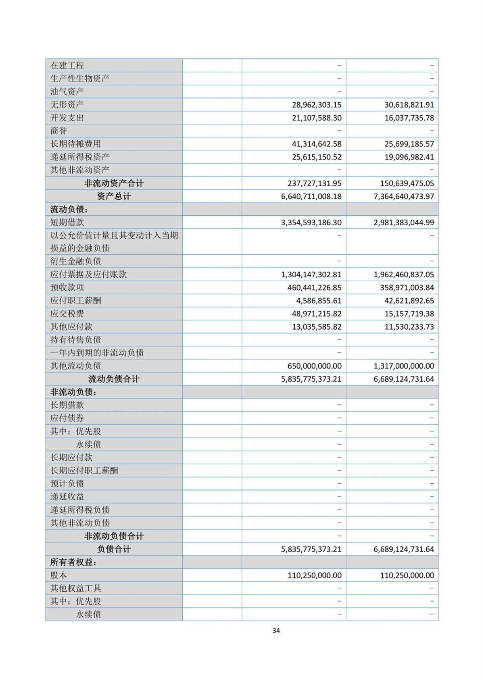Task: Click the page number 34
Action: [276, 631]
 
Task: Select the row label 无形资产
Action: [67, 105]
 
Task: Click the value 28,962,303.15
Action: [317, 105]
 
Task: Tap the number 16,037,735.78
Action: [409, 118]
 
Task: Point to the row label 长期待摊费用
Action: [75, 144]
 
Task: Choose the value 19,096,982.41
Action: [409, 157]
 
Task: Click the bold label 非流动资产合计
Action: [114, 183]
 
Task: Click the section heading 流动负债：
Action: [69, 210]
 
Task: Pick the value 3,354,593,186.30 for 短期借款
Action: [311, 222]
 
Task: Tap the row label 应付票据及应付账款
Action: [88, 274]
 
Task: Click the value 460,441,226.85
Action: [314, 288]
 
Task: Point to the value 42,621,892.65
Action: [409, 301]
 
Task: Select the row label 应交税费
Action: [67, 314]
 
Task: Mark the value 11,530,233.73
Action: [409, 327]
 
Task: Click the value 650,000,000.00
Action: [314, 366]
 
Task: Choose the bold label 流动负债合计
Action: [114, 379]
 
